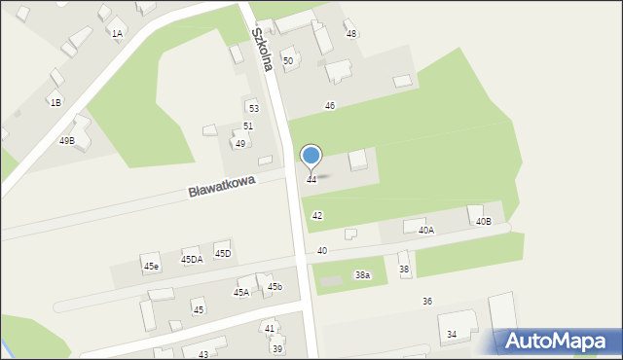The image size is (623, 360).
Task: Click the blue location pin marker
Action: (x=311, y=156)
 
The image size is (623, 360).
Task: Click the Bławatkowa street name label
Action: (x=222, y=186)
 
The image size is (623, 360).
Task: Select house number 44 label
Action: (x=311, y=180)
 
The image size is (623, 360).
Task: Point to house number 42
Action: (x=317, y=215)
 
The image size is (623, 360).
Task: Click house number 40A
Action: (x=425, y=231)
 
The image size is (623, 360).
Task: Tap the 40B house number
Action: (x=484, y=222)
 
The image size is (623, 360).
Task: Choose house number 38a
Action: (x=362, y=275)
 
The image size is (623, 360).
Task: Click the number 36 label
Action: (x=427, y=302)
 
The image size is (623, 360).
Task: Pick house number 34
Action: (x=452, y=335)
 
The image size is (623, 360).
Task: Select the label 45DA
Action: (x=192, y=260)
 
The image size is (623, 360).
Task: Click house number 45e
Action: (x=151, y=266)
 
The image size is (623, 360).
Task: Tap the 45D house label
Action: (x=223, y=254)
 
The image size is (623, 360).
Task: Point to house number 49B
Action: (x=66, y=141)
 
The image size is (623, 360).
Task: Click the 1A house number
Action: (x=117, y=34)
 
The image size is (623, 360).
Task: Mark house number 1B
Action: (x=55, y=102)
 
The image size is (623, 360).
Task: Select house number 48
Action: (x=351, y=34)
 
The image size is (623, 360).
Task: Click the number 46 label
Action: (x=330, y=105)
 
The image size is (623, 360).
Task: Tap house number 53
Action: (x=253, y=109)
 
